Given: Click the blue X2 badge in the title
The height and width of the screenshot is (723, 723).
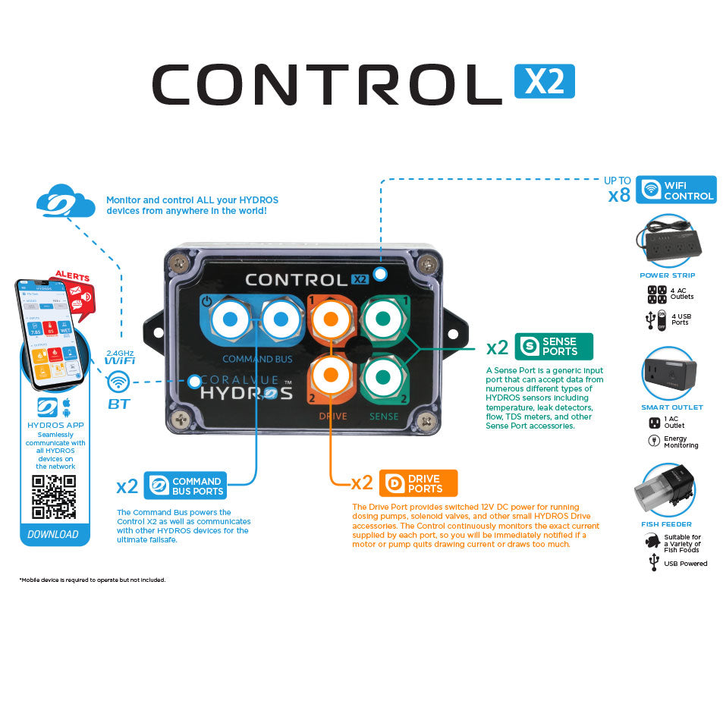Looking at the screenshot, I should pos(544,81).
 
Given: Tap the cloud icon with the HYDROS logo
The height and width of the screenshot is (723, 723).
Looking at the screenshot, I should pos(65,203).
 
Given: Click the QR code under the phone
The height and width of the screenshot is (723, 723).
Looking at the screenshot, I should pos(54,496).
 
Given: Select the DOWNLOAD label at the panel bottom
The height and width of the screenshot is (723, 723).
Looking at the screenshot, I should pos(53,534).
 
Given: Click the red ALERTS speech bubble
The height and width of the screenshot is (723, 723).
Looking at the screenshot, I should pos(74,292).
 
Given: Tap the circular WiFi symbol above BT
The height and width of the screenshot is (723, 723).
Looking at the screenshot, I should pos(118,382).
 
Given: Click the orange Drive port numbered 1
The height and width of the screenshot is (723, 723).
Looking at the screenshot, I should pos(330,319).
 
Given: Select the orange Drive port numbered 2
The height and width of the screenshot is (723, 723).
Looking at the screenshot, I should pos(330,375).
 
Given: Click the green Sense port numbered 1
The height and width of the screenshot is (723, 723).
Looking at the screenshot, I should pos(383,319).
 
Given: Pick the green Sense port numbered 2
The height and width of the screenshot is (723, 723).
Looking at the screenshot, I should pos(383,375).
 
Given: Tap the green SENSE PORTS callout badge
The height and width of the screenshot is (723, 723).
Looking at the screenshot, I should pos(554,346).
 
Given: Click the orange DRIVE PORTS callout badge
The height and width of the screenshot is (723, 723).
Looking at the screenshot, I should pos(418,483).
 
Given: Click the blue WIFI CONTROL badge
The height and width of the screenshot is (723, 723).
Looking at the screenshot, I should pos(677,190).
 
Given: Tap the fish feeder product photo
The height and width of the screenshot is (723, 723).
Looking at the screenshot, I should pos(663,490).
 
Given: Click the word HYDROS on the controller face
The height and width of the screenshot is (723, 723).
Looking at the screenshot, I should pos(246,393).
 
